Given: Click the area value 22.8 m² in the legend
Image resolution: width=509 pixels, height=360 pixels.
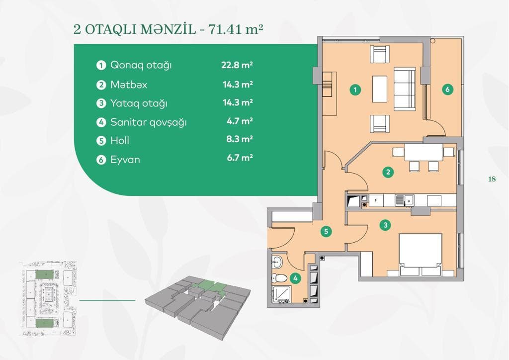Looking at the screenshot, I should tap(237, 65).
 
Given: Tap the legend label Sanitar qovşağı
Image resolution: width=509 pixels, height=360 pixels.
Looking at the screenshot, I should tap(148, 122).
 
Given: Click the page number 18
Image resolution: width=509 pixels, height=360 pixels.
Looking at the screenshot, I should tap(492, 179).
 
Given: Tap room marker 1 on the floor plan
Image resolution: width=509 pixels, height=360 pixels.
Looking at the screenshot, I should tap(355, 90).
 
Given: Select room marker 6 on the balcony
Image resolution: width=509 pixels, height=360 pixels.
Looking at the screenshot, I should tap(447, 90).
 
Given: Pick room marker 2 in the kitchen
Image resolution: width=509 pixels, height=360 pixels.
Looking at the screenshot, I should tap(388, 173).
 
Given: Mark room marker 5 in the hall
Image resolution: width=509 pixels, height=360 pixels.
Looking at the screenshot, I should tap(325, 231).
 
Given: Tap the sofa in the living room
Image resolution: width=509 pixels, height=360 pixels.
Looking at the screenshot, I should tap(404, 90).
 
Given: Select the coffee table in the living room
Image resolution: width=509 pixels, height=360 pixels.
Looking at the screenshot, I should tap(380, 90).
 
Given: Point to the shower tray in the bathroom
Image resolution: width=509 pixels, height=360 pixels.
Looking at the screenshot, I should tap(281, 295).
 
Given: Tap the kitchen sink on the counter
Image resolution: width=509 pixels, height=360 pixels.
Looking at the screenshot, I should tap(401, 200).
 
